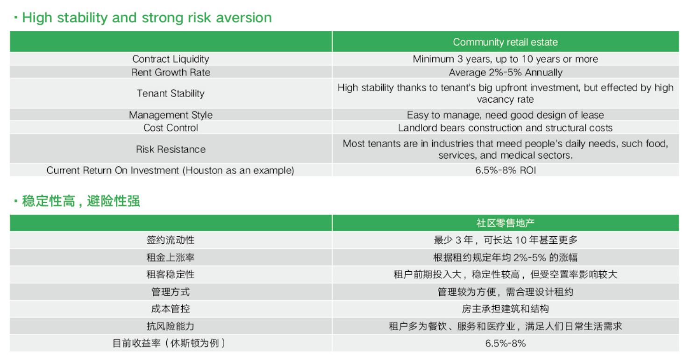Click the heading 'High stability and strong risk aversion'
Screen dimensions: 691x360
147,18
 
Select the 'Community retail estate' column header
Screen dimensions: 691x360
506,42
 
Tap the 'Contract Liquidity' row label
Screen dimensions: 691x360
171,59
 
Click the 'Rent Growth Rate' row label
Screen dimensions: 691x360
171,72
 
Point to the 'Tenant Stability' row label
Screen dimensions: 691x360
171,93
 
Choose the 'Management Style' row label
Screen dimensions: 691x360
171,115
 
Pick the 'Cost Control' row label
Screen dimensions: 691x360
171,127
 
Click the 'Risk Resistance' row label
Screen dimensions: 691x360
171,149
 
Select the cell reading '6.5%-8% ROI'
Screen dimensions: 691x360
506,170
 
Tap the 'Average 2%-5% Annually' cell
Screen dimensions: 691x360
506,72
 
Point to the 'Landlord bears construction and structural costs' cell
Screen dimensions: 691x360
506,127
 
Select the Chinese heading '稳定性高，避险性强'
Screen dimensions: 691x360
81,201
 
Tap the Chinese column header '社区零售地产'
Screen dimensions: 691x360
506,223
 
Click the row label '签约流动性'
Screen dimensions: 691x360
171,240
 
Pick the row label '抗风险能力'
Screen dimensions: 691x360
171,326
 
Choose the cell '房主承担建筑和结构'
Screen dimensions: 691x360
506,309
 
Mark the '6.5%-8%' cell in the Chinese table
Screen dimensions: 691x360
506,343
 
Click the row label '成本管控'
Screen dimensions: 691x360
171,309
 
